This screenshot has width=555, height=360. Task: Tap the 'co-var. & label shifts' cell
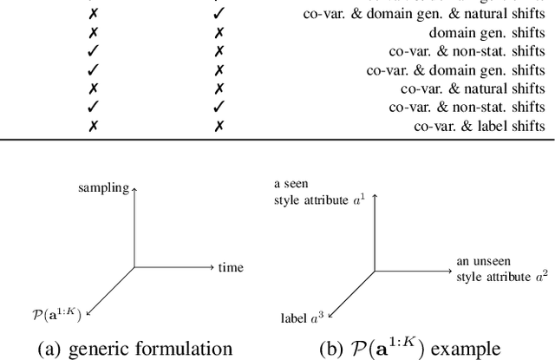[x=479, y=126]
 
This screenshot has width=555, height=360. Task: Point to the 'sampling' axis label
[x=103, y=187]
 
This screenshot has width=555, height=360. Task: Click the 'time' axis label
[x=231, y=267]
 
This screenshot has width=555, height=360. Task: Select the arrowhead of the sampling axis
[x=134, y=187]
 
